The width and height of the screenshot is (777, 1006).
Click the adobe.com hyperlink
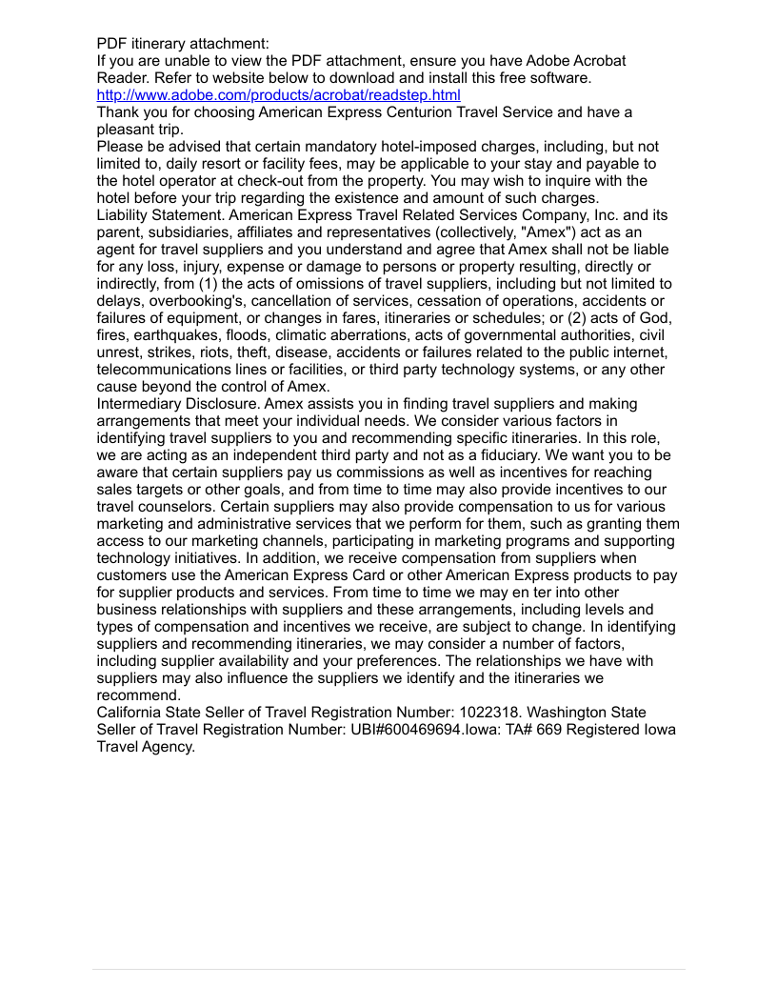point(278,95)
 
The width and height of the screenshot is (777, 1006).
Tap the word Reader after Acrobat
point(120,78)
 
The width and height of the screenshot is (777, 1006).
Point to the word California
point(133,713)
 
